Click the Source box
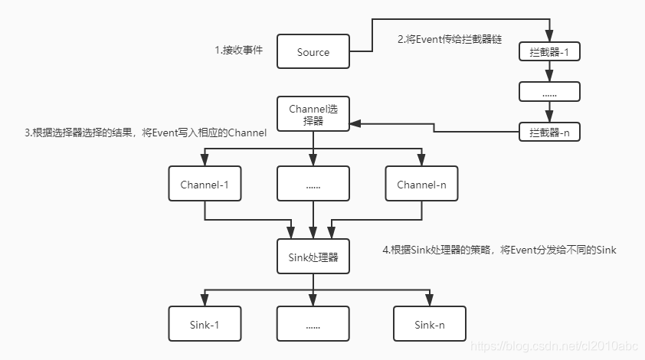[313, 52]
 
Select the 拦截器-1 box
[549, 52]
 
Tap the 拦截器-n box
[549, 132]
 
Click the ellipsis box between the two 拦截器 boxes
[549, 91]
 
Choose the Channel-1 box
[205, 185]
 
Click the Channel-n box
[421, 185]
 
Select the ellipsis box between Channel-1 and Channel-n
[313, 185]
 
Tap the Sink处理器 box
[313, 256]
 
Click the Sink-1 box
[205, 324]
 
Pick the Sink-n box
[429, 324]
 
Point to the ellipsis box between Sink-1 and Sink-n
[313, 324]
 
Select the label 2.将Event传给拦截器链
[449, 38]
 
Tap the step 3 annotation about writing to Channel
[146, 133]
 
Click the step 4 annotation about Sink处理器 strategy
[499, 250]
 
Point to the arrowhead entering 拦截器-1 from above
[549, 36]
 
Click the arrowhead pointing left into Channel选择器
[355, 123]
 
